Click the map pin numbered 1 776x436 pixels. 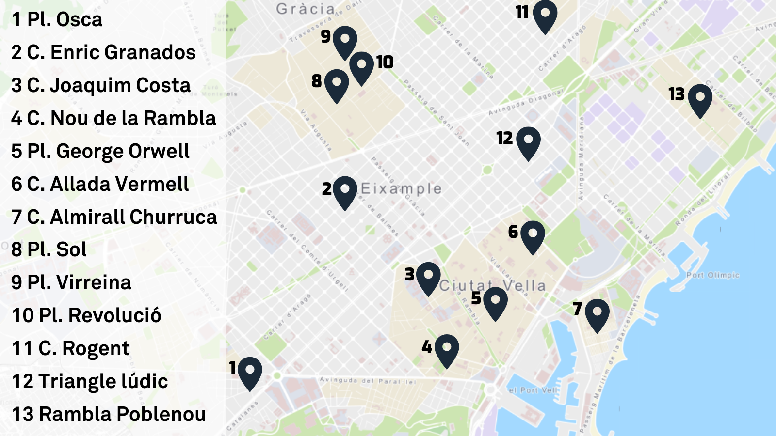point(250,372)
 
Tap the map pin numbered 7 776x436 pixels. point(597,313)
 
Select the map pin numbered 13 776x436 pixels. point(700,99)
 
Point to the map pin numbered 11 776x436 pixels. point(545,15)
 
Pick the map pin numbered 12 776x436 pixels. point(528,141)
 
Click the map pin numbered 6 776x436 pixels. point(533,235)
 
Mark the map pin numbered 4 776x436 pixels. point(447,349)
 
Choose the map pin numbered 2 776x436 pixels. point(345,191)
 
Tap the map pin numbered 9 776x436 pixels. point(345,41)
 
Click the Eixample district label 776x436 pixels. point(401,188)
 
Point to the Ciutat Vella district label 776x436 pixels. point(492,285)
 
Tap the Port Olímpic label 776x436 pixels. point(712,275)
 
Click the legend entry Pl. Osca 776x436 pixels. point(57,20)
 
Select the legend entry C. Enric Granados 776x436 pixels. point(103,52)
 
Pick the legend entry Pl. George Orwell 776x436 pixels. point(100,151)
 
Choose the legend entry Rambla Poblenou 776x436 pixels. point(109,414)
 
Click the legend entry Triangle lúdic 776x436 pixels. point(90,381)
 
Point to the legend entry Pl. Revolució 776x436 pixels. point(86,315)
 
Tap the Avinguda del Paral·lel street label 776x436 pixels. point(368,381)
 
